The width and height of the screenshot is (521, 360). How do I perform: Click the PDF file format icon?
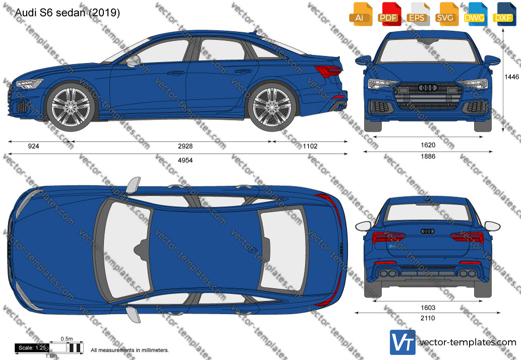coord(388,14)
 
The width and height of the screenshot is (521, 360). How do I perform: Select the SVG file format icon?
coord(445,14)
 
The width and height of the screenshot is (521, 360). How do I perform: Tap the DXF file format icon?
coord(503,14)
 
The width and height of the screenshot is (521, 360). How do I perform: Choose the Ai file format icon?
coord(360,14)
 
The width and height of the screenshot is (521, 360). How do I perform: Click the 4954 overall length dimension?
coord(185,160)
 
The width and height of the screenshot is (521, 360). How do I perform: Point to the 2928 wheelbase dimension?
coord(185,146)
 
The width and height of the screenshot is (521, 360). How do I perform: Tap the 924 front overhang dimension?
coord(34,146)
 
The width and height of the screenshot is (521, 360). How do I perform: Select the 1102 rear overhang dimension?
coord(310,146)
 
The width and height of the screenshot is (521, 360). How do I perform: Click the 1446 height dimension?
coord(512,77)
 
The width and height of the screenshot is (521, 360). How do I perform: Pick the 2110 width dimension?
coord(428,318)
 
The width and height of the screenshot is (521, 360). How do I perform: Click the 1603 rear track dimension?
coord(428,308)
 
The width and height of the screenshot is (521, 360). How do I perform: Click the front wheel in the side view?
coord(71,107)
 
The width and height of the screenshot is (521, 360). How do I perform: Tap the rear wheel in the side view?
coord(272,107)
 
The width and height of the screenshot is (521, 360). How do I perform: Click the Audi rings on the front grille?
coord(428,88)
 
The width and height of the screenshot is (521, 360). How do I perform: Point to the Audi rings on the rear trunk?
coord(428,231)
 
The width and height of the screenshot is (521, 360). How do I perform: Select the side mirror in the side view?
coord(134,61)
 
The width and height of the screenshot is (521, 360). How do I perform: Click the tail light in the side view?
coord(328,71)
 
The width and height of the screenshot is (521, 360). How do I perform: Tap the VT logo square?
coord(402,342)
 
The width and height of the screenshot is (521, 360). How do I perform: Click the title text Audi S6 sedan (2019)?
coord(68,13)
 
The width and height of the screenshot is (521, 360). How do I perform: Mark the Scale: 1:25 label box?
coord(32,348)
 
